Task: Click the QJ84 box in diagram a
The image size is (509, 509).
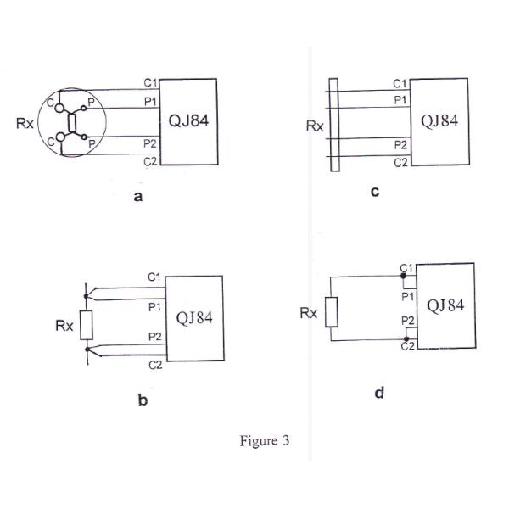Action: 189,121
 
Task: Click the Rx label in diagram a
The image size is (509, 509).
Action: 25,123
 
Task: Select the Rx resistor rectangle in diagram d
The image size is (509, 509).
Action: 333,312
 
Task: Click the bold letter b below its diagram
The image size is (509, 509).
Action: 143,400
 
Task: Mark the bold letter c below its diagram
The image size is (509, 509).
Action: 375,192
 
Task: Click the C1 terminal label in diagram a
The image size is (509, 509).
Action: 149,83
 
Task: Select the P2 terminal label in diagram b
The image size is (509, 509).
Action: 154,337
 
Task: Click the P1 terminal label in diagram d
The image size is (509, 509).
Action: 407,296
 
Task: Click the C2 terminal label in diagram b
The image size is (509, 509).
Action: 154,365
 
